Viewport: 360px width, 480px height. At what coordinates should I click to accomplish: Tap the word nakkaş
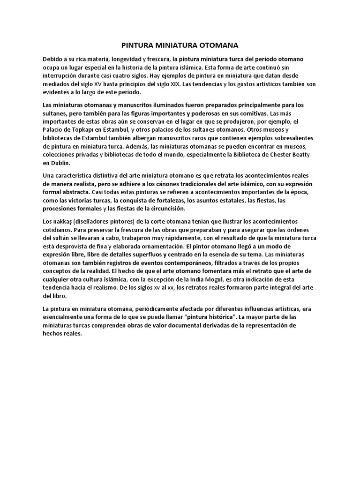tap(62, 221)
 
